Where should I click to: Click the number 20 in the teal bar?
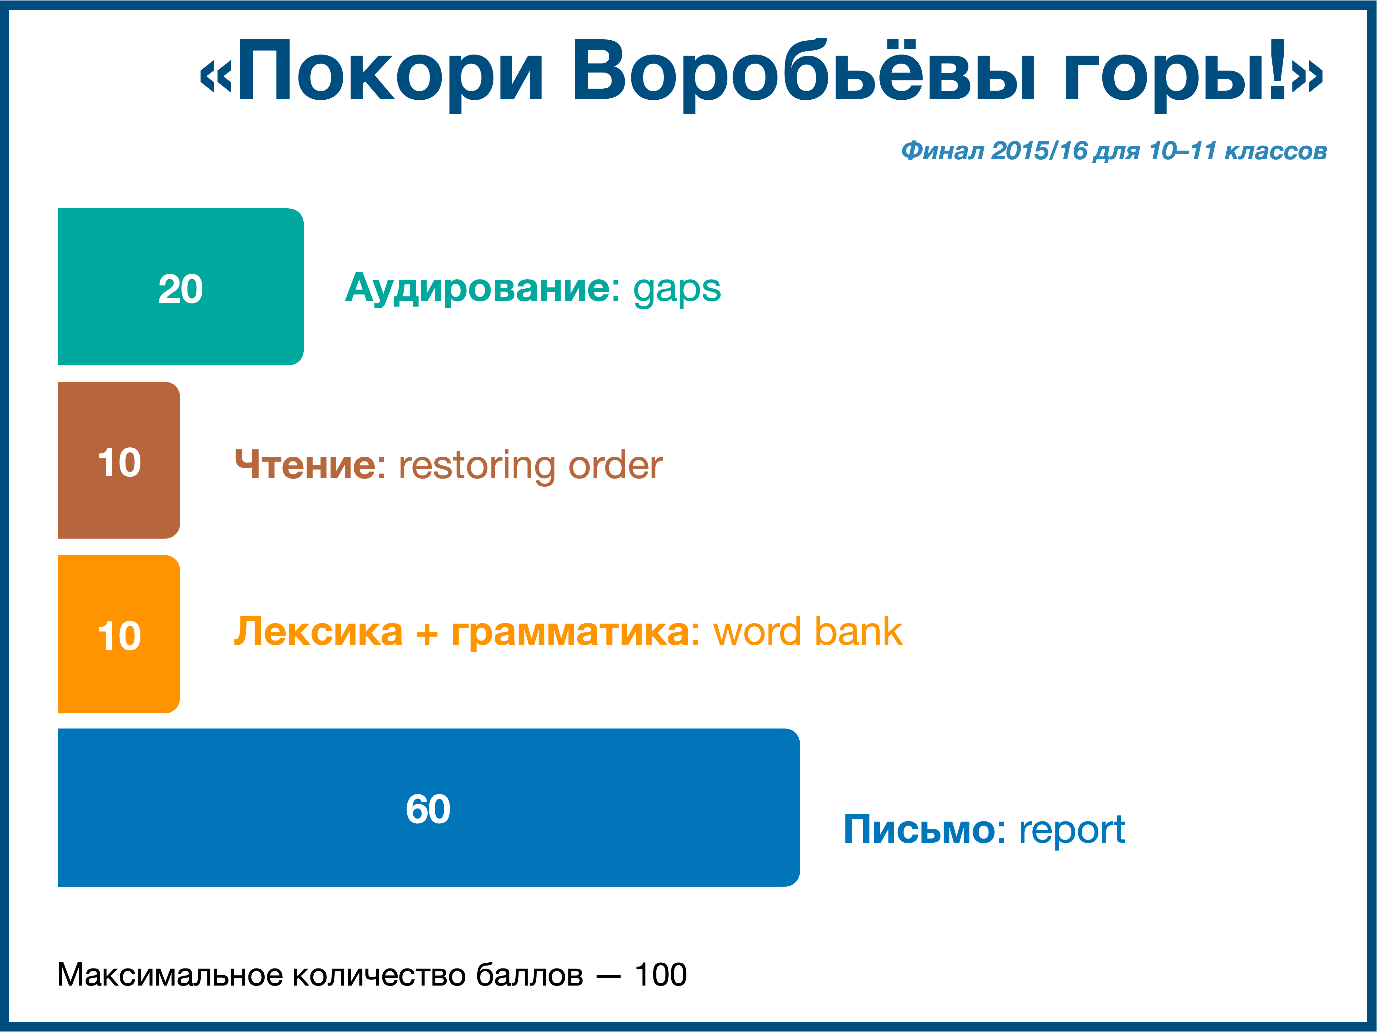pos(180,289)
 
